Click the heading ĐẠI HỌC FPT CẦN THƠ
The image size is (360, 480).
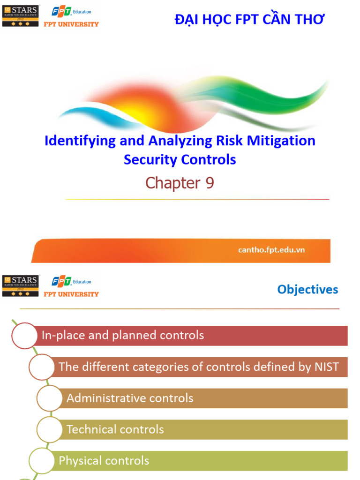click(x=249, y=19)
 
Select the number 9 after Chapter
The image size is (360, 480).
click(x=209, y=183)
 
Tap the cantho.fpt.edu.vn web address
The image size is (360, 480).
click(x=271, y=250)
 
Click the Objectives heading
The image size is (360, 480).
click(x=307, y=289)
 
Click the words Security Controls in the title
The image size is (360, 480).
click(x=180, y=160)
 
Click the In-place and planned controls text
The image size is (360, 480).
click(x=123, y=335)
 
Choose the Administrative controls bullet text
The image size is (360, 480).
click(x=130, y=398)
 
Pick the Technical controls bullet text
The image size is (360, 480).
click(x=115, y=429)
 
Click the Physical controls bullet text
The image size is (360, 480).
click(x=104, y=461)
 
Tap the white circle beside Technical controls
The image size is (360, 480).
click(x=50, y=429)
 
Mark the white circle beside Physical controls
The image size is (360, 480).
click(x=42, y=461)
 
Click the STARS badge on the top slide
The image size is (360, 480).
click(x=21, y=16)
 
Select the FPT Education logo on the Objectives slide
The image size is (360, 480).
click(x=71, y=281)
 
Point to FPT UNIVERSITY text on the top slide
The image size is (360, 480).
click(x=71, y=24)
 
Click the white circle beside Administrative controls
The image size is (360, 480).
click(x=50, y=398)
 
